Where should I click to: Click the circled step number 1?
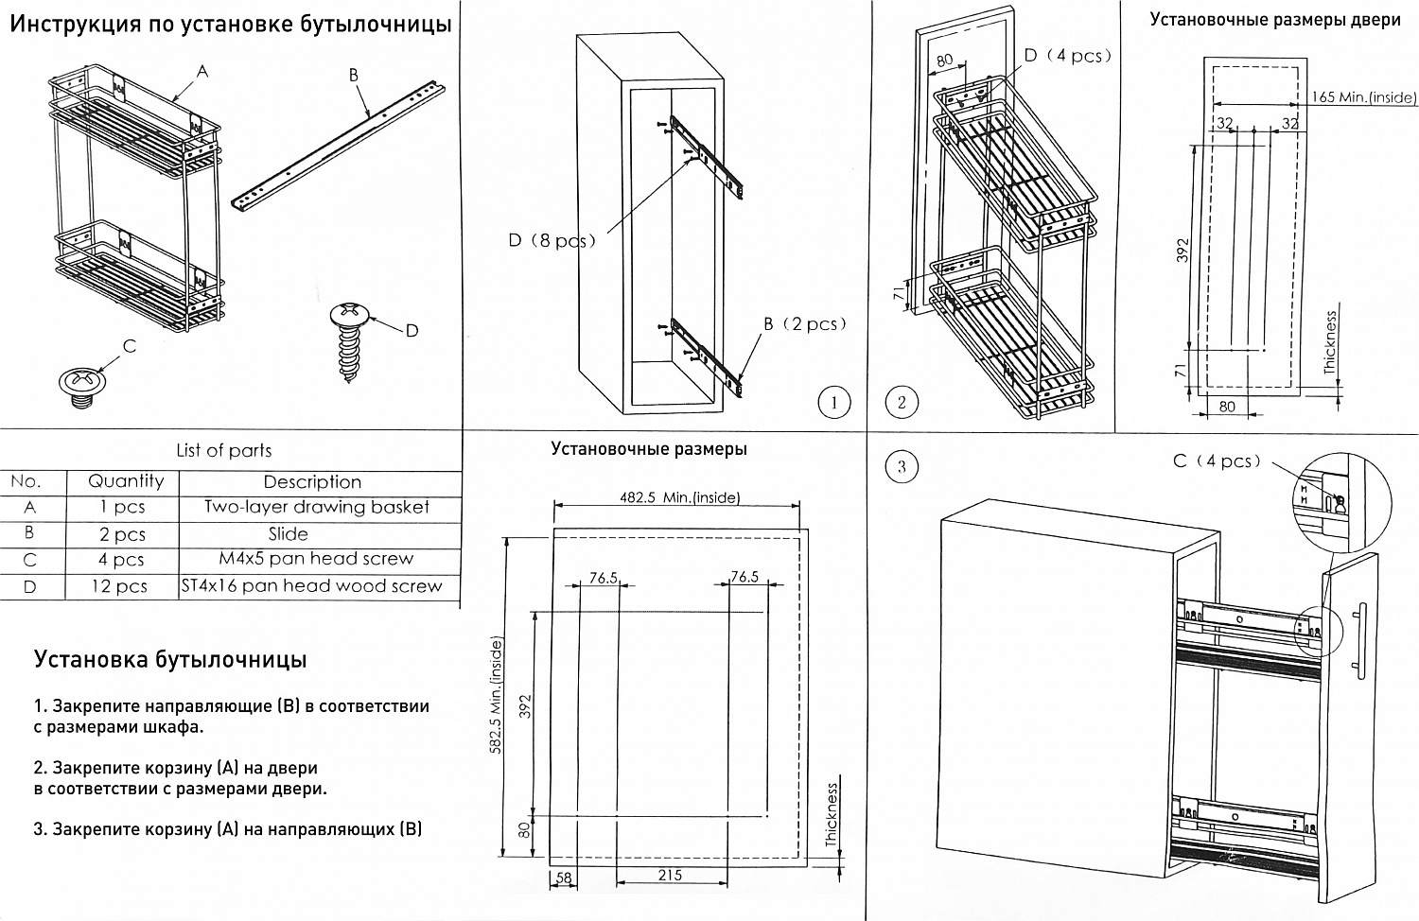tap(833, 403)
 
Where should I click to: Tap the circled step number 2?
tap(901, 403)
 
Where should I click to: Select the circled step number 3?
tap(901, 466)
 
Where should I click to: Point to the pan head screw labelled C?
tap(80, 384)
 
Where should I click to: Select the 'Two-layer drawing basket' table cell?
tap(316, 507)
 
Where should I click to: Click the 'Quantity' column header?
tap(126, 481)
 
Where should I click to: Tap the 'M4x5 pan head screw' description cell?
tap(316, 559)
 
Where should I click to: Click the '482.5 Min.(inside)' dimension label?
tap(679, 497)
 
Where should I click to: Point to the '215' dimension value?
tap(670, 876)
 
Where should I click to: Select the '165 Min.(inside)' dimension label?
tap(1363, 97)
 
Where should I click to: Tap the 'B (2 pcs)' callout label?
tap(805, 324)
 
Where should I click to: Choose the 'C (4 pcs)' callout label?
tap(1217, 461)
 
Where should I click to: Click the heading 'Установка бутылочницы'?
tap(170, 659)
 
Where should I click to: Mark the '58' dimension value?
tap(564, 878)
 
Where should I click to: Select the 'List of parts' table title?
tap(224, 451)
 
